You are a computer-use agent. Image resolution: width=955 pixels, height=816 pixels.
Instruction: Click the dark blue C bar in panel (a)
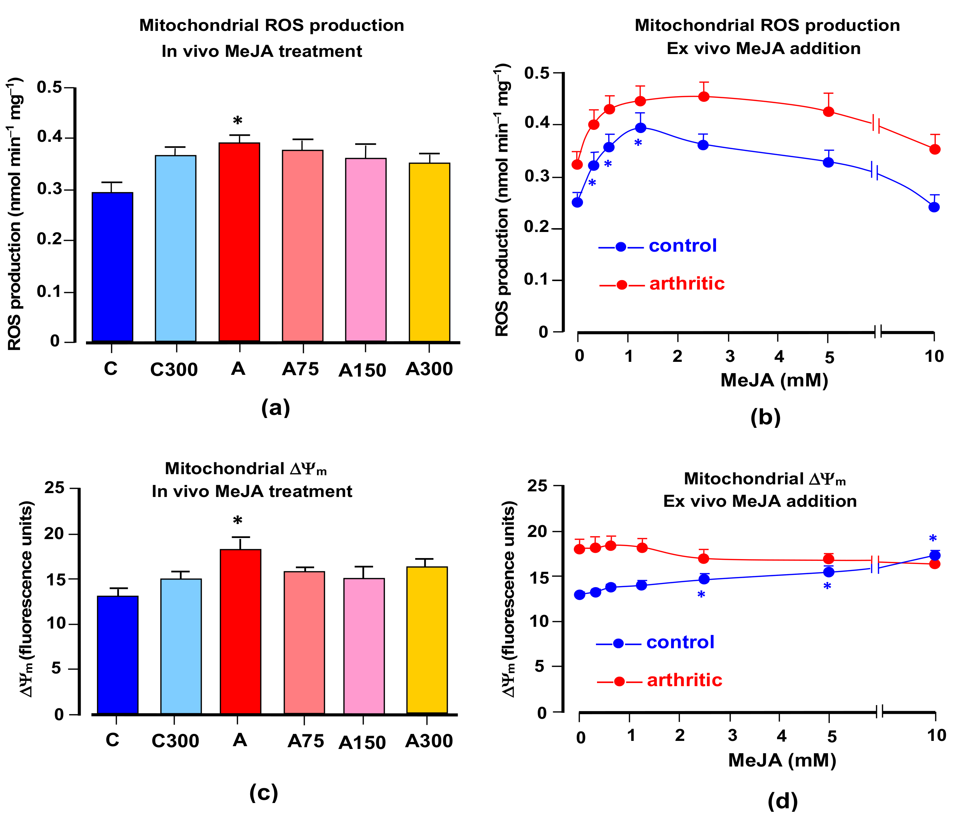(x=112, y=267)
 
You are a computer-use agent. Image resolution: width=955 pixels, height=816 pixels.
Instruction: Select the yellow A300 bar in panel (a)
(x=429, y=252)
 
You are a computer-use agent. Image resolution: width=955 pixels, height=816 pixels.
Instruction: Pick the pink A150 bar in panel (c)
(x=364, y=646)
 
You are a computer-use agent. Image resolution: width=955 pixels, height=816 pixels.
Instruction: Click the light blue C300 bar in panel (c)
(x=181, y=646)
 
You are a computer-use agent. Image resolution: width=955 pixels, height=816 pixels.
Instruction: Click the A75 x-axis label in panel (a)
(x=300, y=369)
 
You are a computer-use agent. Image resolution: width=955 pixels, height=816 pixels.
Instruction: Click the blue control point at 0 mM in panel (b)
(x=577, y=202)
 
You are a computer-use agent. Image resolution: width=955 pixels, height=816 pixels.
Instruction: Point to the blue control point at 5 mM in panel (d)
(x=829, y=572)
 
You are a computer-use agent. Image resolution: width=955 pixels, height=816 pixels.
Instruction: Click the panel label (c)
(x=264, y=792)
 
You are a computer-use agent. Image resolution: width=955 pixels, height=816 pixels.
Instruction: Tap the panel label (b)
(x=765, y=417)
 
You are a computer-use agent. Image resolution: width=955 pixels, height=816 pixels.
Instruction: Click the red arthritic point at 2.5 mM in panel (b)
(x=704, y=97)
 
